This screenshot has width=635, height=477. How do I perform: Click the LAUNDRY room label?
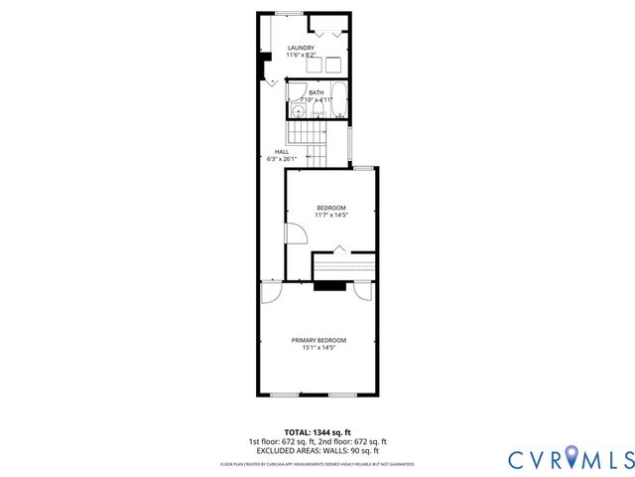point(301,48)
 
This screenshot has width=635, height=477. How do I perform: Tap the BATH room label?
point(316,92)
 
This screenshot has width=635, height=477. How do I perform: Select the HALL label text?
point(282,152)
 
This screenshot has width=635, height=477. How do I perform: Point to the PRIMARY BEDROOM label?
point(318,340)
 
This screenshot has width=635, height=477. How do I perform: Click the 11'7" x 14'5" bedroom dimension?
point(331,215)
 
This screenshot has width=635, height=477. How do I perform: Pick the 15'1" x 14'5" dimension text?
point(318,348)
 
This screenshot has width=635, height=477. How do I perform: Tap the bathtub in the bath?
point(337,99)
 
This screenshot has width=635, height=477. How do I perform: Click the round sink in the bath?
point(297,111)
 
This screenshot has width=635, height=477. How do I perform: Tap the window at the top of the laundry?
point(289,13)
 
